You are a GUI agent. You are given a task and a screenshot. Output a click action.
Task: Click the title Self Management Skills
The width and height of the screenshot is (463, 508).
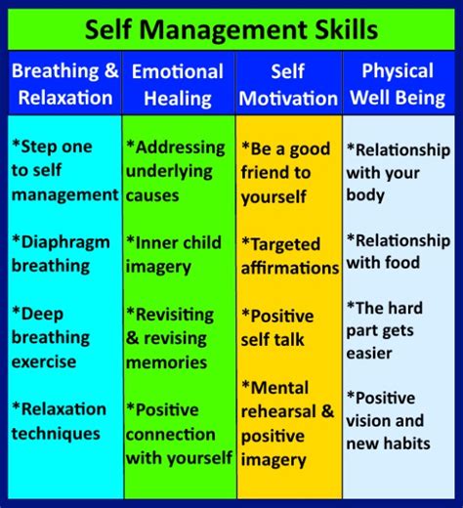[x=231, y=30]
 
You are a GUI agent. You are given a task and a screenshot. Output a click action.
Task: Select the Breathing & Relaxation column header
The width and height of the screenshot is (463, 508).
[x=65, y=84]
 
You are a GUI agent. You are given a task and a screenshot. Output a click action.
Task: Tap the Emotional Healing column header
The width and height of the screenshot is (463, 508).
[x=178, y=85]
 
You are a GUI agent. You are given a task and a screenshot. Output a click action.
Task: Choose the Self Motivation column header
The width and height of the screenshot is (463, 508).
[x=288, y=85]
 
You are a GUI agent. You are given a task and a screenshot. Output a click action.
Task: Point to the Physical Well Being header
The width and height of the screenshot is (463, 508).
[x=398, y=84]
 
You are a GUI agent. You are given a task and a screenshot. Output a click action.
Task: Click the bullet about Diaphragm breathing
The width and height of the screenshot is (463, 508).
[x=61, y=254]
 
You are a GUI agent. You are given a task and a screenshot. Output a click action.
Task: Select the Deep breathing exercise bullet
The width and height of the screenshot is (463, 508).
[x=51, y=338]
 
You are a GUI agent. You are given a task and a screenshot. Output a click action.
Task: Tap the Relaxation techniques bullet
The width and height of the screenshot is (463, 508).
[x=59, y=421]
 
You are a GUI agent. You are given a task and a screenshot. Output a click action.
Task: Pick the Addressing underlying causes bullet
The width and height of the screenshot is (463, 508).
[x=175, y=171]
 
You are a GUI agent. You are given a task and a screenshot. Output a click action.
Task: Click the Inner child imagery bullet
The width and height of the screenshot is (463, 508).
[x=174, y=255]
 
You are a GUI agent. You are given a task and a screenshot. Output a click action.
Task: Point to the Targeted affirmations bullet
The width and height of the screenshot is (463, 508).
[x=290, y=256]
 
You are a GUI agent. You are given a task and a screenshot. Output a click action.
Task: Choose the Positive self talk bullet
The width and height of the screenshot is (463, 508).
[x=277, y=328]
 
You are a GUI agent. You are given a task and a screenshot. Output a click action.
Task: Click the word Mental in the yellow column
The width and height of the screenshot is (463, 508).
[x=275, y=388]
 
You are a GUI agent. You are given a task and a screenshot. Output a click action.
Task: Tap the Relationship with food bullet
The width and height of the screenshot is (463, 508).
[x=399, y=252]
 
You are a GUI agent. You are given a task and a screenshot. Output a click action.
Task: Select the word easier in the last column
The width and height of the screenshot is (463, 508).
[x=369, y=354]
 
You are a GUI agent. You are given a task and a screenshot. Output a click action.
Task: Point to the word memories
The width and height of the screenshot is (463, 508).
[x=166, y=362]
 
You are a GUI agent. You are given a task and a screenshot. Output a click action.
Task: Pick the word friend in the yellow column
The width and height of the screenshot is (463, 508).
[x=263, y=172]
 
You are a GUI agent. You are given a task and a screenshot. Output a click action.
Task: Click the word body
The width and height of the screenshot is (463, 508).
[x=365, y=195]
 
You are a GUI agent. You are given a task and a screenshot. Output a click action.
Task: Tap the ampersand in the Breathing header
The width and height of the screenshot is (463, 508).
[x=111, y=70]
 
